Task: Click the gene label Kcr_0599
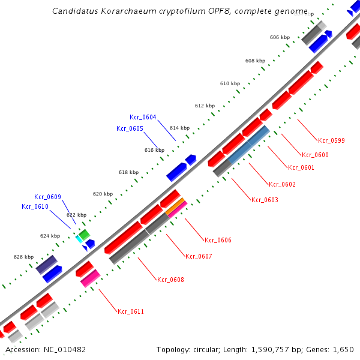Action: (x=331, y=140)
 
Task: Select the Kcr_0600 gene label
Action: (x=315, y=155)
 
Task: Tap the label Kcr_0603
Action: (x=265, y=200)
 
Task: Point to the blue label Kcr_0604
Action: (x=143, y=117)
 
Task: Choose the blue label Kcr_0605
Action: (x=130, y=128)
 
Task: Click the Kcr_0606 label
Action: (x=218, y=240)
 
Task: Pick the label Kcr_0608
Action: (x=170, y=280)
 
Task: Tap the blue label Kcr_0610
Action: (x=35, y=206)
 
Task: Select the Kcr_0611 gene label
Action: (x=131, y=311)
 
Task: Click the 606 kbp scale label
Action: (x=280, y=37)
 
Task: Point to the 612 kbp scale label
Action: (x=205, y=106)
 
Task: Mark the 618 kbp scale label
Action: (x=128, y=172)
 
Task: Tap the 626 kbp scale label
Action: (x=23, y=257)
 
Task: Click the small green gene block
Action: (x=84, y=233)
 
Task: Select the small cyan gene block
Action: (x=79, y=239)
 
